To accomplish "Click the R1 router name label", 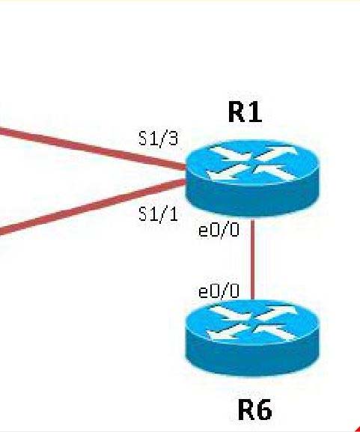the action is click(245, 112).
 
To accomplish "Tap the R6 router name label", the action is click(254, 410).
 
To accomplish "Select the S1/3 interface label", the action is click(159, 138).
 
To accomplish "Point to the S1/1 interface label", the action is click(159, 214).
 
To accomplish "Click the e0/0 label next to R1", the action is click(219, 230).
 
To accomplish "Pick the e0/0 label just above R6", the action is click(219, 291).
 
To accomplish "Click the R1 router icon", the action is click(252, 177).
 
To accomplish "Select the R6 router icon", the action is click(252, 338).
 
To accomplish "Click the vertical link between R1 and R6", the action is click(252, 258).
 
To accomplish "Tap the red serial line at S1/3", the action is click(92, 147).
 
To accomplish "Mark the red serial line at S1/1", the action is click(92, 207).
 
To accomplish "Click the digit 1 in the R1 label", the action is click(255, 112).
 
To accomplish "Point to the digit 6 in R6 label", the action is click(264, 410).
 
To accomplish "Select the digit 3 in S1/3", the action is click(173, 138).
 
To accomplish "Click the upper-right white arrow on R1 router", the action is click(278, 153).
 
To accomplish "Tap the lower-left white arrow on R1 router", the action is click(227, 172).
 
